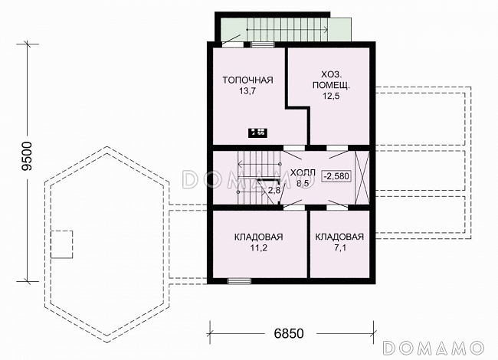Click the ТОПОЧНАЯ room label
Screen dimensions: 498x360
247,80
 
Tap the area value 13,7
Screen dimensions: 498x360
247,91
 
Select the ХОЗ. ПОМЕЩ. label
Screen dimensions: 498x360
331,80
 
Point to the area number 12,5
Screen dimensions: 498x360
331,96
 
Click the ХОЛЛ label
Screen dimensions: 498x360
303,173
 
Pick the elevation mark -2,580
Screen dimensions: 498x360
337,176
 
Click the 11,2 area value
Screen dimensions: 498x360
258,248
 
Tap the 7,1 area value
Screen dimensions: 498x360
339,248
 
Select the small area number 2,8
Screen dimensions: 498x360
274,191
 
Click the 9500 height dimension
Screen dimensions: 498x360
27,156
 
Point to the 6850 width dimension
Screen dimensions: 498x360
288,333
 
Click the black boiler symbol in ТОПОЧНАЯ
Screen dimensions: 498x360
257,133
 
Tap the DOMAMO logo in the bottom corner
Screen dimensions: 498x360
434,348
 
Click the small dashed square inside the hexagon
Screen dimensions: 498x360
62,244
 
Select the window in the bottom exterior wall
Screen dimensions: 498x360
240,281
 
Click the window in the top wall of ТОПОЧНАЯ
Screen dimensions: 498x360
262,44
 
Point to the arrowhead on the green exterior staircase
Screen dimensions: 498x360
326,30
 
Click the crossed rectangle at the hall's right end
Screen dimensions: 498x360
362,178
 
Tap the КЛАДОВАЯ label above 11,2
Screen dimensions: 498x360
258,237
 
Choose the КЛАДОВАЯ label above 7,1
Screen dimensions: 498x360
339,237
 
